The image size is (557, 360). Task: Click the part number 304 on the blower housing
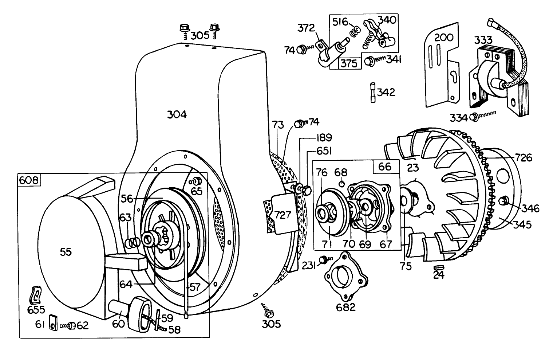(x=177, y=115)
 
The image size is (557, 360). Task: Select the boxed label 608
(x=29, y=181)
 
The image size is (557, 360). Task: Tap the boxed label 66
(x=384, y=167)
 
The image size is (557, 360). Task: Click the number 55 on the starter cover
(x=66, y=252)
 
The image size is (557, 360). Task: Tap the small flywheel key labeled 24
(x=439, y=267)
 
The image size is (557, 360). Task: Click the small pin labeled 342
(x=372, y=93)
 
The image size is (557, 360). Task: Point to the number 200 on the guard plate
(x=443, y=37)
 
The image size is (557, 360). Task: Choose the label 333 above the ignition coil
(x=483, y=40)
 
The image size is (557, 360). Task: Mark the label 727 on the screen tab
(x=283, y=215)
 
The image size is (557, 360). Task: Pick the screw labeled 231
(x=323, y=260)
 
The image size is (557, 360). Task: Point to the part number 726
(x=524, y=157)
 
